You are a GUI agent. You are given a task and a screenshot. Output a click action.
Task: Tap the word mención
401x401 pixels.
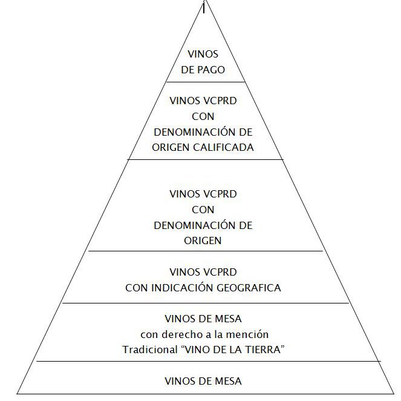click(x=250, y=334)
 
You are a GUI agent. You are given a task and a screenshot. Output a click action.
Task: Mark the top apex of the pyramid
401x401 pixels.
click(x=204, y=3)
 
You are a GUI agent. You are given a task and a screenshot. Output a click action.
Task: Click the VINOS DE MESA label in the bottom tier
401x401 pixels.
click(x=203, y=381)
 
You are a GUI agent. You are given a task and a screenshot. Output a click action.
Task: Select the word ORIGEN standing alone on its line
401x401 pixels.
click(x=203, y=240)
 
